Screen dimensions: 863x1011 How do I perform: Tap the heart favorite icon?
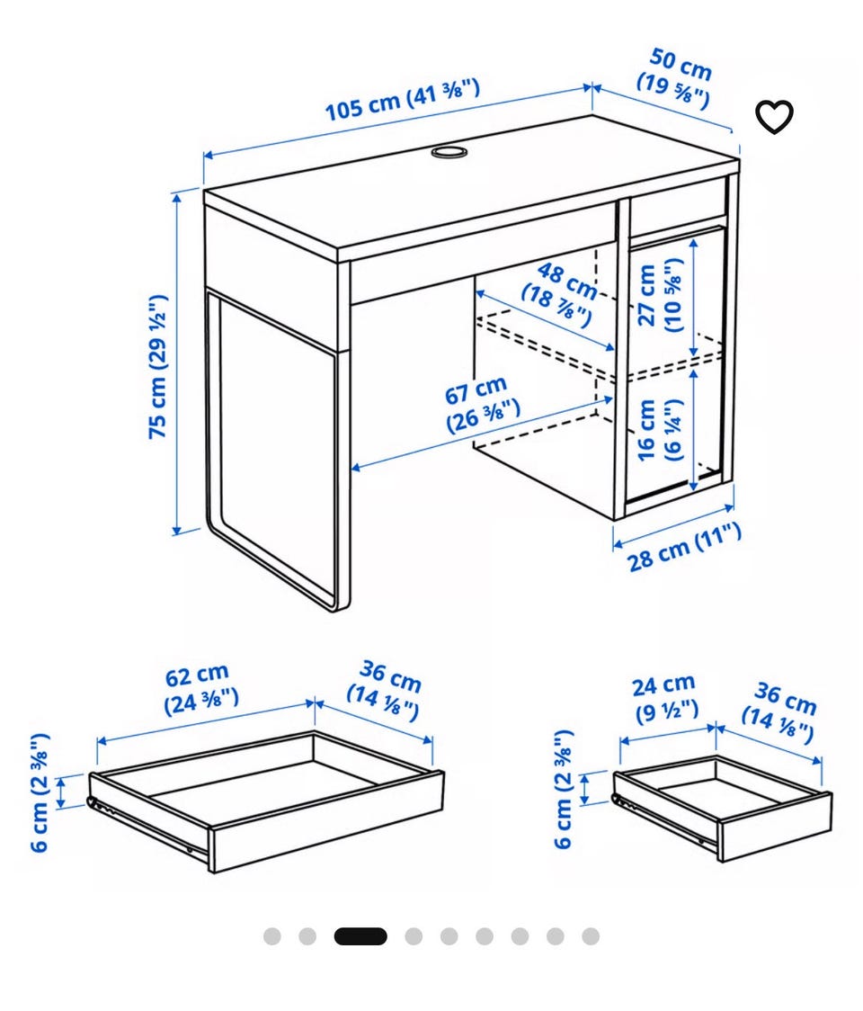coord(773,116)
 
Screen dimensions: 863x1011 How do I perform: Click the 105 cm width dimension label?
coord(402,100)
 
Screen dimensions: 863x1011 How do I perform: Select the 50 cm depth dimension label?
coord(676,78)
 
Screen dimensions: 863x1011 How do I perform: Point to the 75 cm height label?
coord(158,367)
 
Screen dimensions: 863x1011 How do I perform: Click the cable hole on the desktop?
coord(448,151)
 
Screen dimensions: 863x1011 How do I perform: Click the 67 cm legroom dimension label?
coord(481,404)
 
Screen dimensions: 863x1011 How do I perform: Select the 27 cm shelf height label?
coord(658,295)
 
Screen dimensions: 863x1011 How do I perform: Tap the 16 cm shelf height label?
coord(658,430)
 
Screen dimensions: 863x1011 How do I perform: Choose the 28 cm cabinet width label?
coord(684,548)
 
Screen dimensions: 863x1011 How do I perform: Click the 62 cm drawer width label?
coord(200,688)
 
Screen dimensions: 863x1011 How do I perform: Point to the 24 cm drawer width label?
coord(666,699)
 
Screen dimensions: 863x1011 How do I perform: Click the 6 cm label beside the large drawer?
coord(40,792)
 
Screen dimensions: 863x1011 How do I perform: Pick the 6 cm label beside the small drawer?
coord(564,789)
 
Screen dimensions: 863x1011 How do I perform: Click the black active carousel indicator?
coord(360,936)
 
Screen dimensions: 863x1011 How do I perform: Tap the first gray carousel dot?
coord(272,936)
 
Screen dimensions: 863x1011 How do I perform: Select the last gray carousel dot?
coord(591,936)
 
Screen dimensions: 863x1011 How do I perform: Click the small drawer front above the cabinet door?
coord(678,204)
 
